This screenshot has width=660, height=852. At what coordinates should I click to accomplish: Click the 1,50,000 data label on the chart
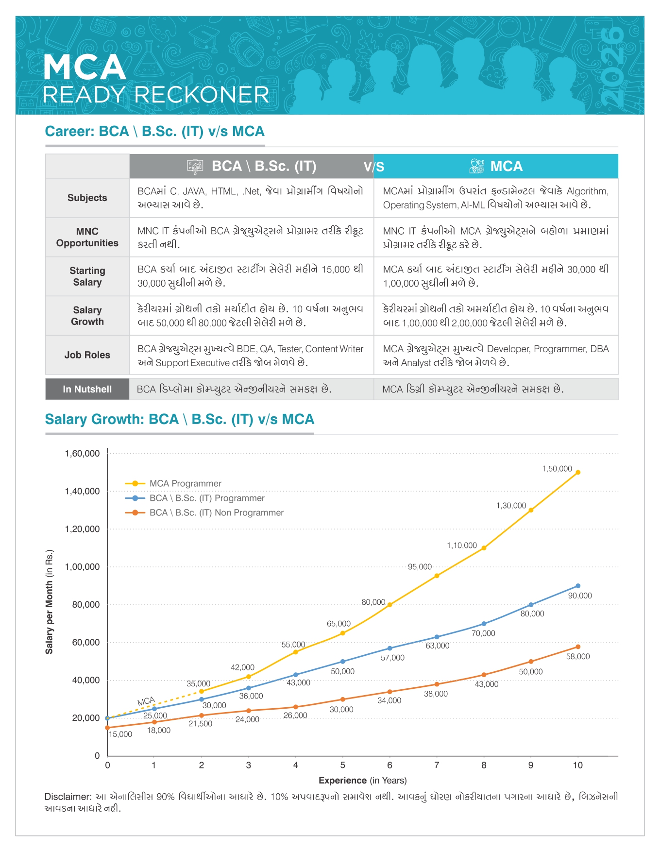click(557, 469)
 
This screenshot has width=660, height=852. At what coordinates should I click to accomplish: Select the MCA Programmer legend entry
click(185, 483)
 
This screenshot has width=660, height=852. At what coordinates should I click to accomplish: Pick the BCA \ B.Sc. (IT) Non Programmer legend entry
click(216, 512)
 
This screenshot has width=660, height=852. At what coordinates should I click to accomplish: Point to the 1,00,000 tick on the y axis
click(82, 567)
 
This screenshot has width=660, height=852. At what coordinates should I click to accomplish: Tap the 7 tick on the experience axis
click(437, 765)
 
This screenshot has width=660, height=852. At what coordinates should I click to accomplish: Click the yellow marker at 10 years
click(578, 472)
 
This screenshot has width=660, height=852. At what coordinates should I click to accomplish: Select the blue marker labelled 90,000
click(578, 586)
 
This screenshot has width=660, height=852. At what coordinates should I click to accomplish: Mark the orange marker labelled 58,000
click(578, 647)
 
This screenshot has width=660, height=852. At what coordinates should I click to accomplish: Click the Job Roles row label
click(87, 355)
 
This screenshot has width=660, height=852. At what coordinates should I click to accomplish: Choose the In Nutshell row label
click(87, 389)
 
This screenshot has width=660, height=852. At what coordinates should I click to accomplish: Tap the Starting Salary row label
click(87, 276)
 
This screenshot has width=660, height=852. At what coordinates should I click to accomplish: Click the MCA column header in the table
click(506, 166)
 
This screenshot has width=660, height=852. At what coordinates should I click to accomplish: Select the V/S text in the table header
click(374, 167)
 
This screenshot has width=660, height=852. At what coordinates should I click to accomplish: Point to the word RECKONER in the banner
click(202, 95)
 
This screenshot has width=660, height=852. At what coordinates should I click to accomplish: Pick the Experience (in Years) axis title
click(362, 780)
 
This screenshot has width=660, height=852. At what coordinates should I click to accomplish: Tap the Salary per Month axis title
click(50, 602)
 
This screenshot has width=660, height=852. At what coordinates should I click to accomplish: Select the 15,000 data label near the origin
click(120, 734)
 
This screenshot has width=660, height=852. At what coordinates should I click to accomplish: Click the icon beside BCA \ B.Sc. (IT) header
click(195, 167)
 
